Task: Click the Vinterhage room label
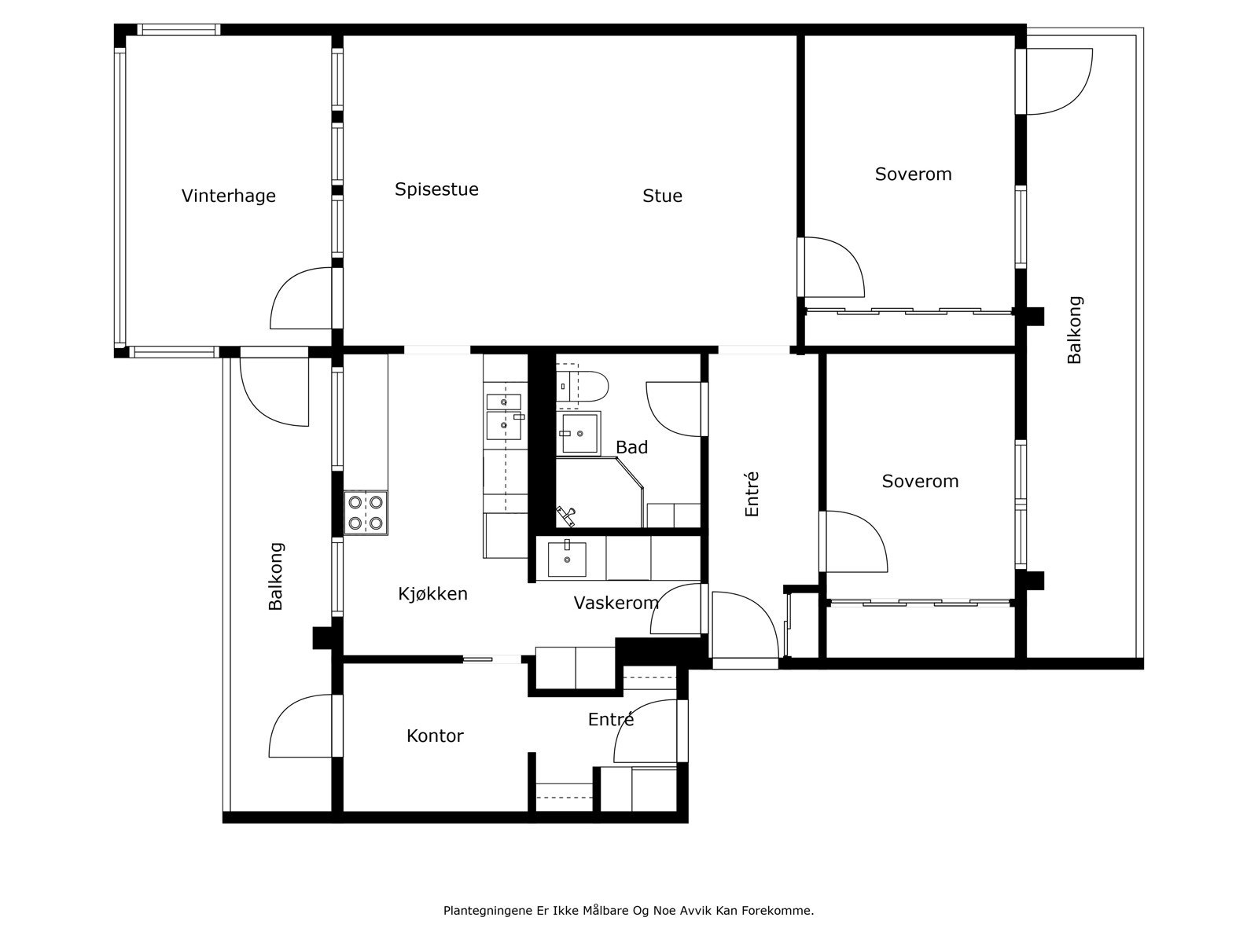229,196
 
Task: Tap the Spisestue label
436,189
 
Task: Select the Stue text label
663,196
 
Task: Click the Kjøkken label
432,594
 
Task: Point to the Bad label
631,447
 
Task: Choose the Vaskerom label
616,603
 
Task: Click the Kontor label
435,736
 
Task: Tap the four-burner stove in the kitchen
366,513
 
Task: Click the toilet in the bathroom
581,387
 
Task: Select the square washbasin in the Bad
580,434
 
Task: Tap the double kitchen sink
504,416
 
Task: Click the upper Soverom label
913,174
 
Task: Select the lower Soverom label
920,481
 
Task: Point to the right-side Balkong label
1075,330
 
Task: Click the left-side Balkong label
276,577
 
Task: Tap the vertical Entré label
752,494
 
